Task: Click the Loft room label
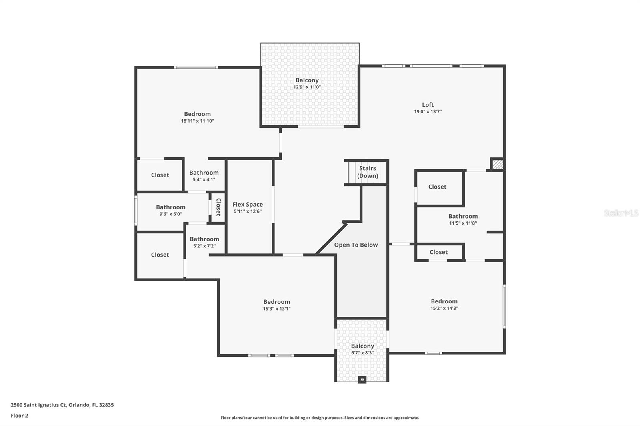click(x=428, y=105)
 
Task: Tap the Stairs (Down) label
click(x=367, y=172)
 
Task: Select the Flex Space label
click(x=248, y=205)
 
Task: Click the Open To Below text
click(x=356, y=245)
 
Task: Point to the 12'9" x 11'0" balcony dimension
click(x=307, y=87)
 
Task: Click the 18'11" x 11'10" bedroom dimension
click(x=197, y=121)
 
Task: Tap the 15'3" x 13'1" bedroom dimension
click(x=276, y=309)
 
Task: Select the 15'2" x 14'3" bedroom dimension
click(x=444, y=309)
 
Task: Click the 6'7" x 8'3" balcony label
click(x=362, y=349)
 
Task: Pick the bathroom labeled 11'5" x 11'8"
click(x=463, y=219)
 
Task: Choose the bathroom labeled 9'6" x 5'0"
click(x=170, y=210)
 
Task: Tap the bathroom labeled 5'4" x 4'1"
click(x=204, y=176)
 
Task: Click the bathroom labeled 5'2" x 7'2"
click(x=204, y=242)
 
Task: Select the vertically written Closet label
click(x=218, y=207)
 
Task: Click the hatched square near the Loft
click(x=497, y=164)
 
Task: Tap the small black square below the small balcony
click(x=362, y=380)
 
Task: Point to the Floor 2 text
click(x=19, y=416)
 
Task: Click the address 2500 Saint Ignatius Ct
click(x=62, y=405)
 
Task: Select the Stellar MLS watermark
click(x=621, y=213)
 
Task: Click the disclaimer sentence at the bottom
click(x=320, y=418)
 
